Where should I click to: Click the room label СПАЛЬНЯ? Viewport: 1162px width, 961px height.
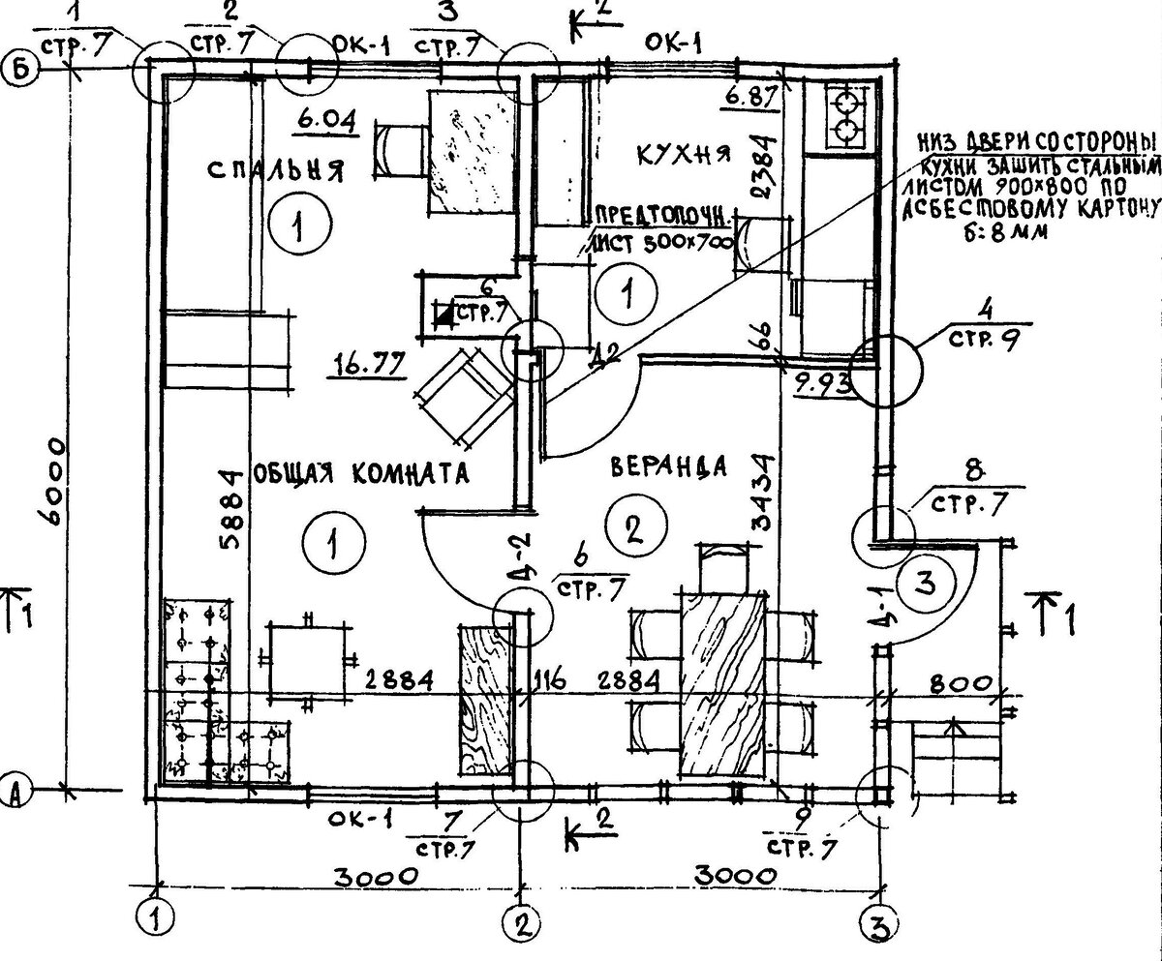coord(276,171)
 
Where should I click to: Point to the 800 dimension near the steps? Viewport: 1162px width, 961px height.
coord(963,683)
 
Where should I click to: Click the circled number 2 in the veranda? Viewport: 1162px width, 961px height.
coord(630,528)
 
